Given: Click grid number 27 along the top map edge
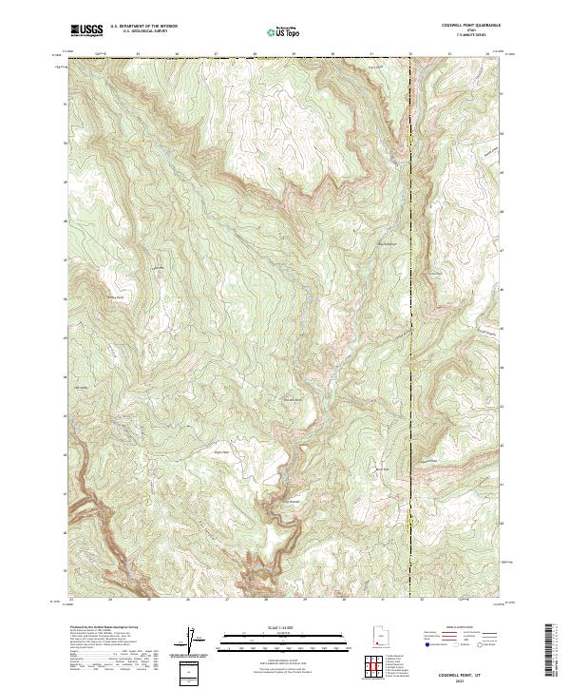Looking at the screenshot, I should (x=216, y=54).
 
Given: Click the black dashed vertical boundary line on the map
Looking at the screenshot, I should (x=410, y=285).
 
